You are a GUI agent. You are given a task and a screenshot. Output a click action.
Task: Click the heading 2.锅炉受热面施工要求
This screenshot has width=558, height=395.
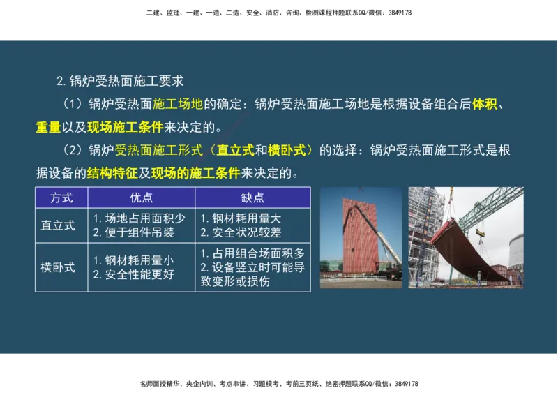119,81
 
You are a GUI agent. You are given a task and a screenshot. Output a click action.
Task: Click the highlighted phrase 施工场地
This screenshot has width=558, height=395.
177,105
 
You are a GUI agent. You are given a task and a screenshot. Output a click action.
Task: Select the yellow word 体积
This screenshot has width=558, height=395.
485,105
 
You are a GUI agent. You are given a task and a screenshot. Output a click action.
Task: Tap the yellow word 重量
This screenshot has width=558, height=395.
48,128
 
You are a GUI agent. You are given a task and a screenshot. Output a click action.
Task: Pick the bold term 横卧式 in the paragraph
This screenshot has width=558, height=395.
287,150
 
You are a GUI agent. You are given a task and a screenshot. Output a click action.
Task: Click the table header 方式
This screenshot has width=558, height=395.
61,197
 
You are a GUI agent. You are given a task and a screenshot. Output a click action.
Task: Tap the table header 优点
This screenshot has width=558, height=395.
142,197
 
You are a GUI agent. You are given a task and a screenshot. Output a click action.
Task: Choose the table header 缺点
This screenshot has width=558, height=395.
252,197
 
